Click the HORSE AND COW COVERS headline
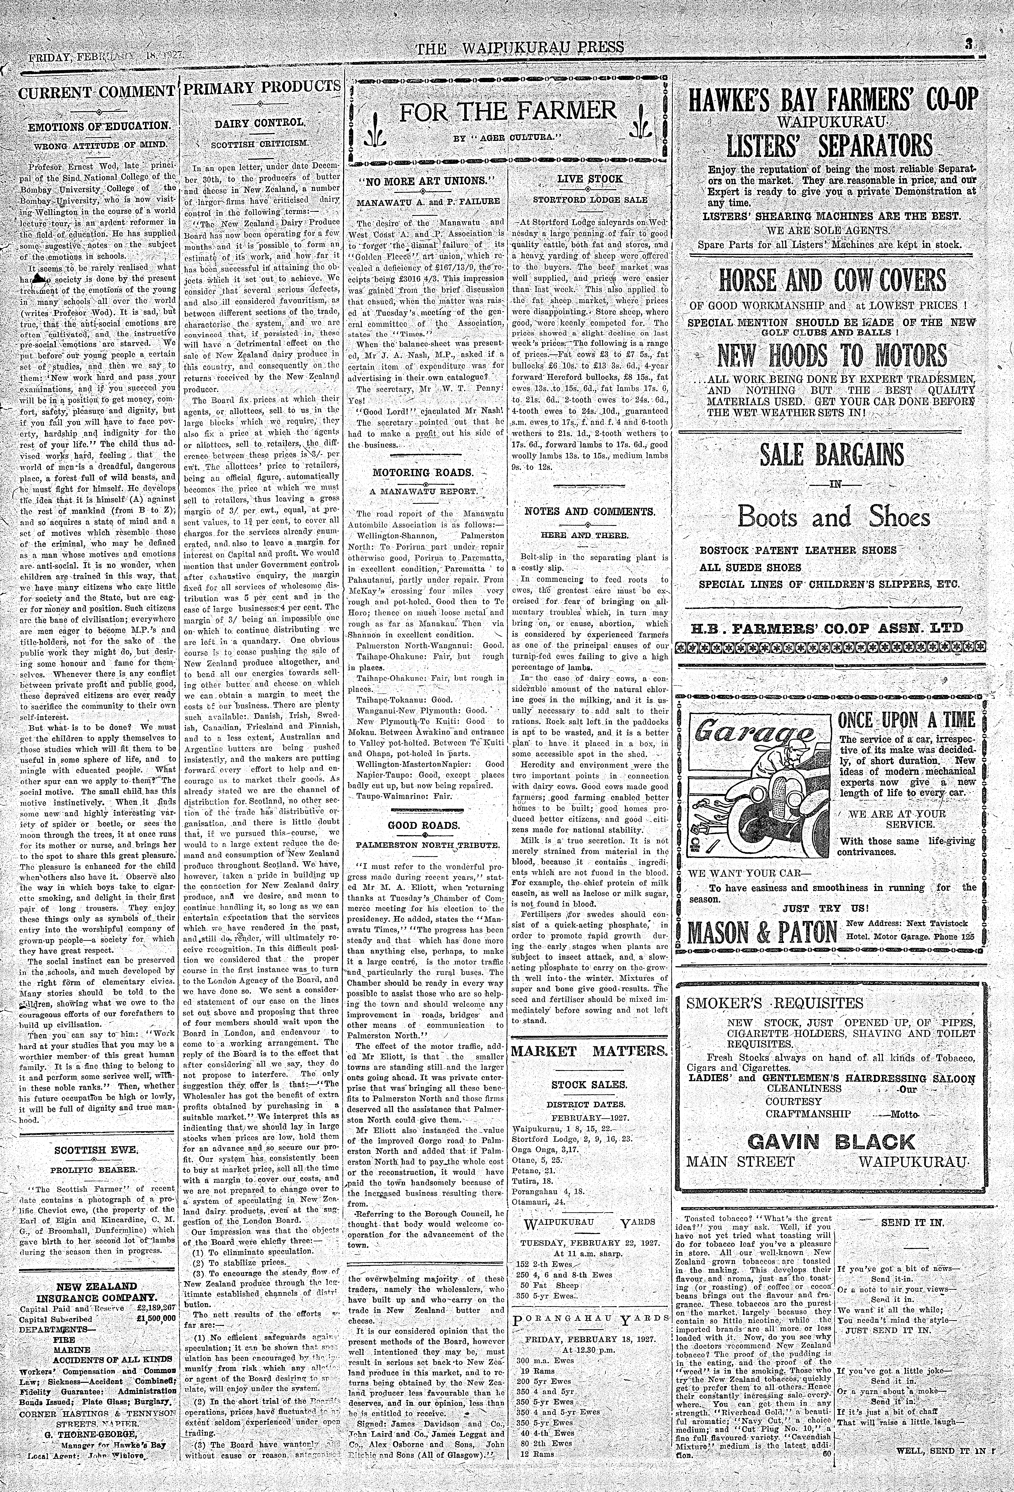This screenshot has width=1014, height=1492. point(832,281)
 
